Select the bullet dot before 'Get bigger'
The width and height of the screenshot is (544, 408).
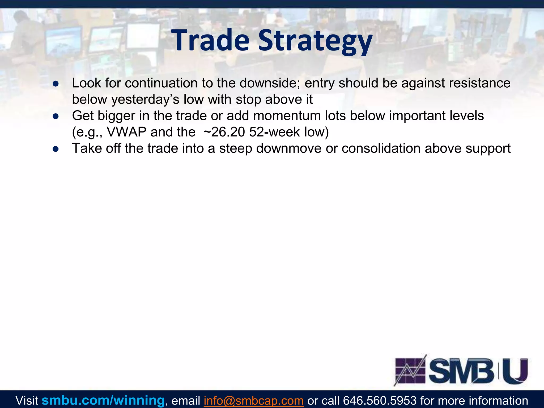coord(56,116)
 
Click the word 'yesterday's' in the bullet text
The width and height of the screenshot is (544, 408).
coord(145,100)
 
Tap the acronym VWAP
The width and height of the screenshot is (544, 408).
coord(126,132)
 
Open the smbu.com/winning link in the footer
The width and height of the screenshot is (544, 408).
coord(103,400)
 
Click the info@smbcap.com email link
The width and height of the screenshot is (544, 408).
coord(254,400)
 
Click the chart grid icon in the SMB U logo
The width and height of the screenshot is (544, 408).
coord(410,371)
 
